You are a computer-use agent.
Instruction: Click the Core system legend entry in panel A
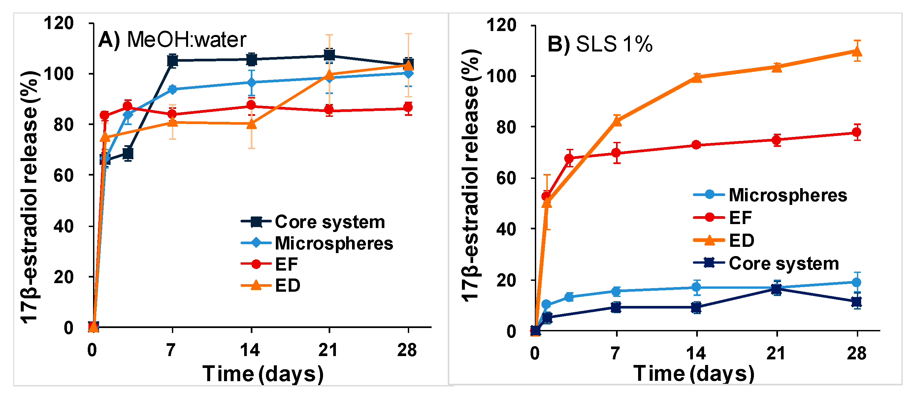tap(313, 222)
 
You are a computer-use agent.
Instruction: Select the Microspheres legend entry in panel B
tap(770, 195)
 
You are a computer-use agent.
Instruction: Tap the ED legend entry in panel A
tap(271, 285)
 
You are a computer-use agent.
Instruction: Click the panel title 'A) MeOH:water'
tap(172, 39)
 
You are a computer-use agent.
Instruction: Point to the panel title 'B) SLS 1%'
tap(600, 45)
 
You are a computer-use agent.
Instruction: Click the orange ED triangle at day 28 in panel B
tap(857, 51)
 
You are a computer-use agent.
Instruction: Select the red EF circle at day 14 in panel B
tap(696, 145)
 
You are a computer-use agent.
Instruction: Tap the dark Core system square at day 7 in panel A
tap(172, 60)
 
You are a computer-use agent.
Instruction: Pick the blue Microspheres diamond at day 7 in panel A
tap(172, 89)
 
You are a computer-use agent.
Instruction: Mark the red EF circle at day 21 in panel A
tap(329, 110)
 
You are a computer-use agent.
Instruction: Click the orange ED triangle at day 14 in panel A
tap(251, 124)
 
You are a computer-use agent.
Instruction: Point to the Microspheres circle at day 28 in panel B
tap(857, 282)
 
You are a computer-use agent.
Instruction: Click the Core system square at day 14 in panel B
tap(696, 307)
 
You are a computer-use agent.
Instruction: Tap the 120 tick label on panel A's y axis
tap(59, 23)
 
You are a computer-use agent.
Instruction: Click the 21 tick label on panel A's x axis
tap(328, 350)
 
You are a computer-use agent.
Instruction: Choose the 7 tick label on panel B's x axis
tap(616, 353)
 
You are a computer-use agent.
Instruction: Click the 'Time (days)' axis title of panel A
tap(263, 374)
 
